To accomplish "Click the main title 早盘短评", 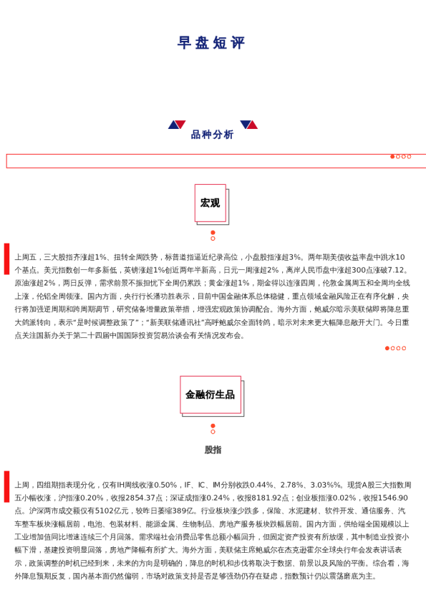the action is tap(212, 44).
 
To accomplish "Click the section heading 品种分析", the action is tap(212, 135).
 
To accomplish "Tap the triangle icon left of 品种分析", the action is tap(177, 125).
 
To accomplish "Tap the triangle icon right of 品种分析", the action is tap(248, 125).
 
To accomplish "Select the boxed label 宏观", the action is tap(210, 203).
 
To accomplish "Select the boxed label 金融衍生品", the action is tap(210, 395).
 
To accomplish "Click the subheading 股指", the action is tap(213, 450).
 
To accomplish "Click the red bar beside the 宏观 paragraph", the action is tap(6, 259).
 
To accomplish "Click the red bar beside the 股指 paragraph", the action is tap(6, 486).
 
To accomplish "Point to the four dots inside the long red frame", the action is tap(400, 156).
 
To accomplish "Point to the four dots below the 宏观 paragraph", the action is tap(395, 368).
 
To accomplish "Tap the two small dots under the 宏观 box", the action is tap(213, 235).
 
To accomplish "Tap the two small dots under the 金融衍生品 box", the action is tap(213, 428).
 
